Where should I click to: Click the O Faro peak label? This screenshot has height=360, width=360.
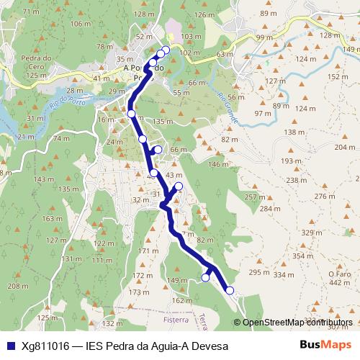click(x=338, y=274)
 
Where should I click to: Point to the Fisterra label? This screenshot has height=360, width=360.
click(x=176, y=319)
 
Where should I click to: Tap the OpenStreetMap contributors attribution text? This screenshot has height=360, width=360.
click(x=297, y=322)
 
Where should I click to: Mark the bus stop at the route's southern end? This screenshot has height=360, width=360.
click(x=230, y=290)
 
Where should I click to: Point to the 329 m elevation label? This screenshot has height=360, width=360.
click(x=311, y=233)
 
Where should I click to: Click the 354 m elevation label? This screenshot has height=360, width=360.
click(x=302, y=256)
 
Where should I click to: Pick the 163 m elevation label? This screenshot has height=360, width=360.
click(x=51, y=218)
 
